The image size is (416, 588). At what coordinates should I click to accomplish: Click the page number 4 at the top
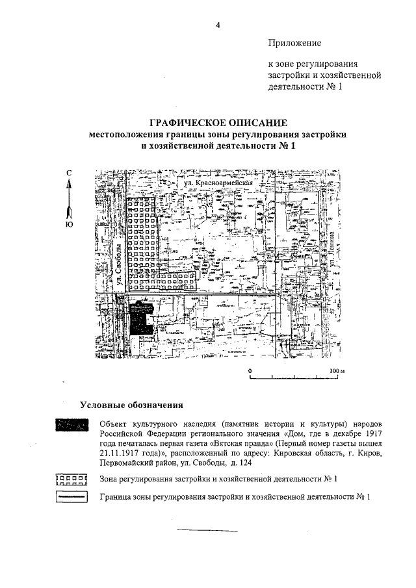point(218,25)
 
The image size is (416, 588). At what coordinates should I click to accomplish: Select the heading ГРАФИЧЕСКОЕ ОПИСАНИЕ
point(218,123)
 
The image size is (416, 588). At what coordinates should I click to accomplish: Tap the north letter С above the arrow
point(69,172)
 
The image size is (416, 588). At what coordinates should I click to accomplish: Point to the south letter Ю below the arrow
point(69,225)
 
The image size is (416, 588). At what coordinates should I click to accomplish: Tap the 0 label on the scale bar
point(250,370)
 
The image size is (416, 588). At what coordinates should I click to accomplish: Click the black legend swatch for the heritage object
point(71,425)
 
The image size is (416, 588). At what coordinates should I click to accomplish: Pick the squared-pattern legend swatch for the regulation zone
point(71,479)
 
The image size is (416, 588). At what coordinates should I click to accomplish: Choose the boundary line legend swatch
point(71,498)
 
